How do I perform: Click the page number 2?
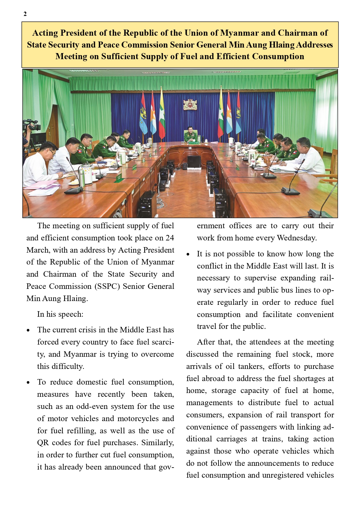tap(25, 14)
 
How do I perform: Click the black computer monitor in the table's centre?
tap(194, 162)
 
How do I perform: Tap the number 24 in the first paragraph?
tap(170, 238)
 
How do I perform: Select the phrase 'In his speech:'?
tap(60, 314)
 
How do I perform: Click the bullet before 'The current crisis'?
tap(28, 330)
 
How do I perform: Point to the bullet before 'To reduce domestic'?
tap(28, 383)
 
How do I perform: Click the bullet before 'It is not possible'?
tap(188, 254)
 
